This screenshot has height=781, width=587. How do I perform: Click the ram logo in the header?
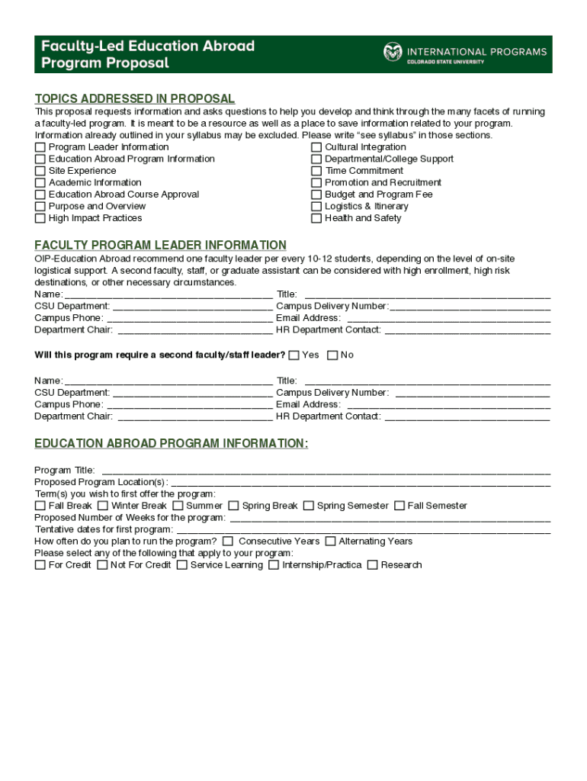coord(392,53)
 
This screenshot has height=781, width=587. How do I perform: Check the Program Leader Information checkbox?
coord(40,147)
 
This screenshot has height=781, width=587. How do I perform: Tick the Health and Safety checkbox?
coord(316,218)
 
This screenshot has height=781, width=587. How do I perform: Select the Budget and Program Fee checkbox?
coord(316,194)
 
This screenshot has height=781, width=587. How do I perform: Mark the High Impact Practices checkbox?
coord(40,218)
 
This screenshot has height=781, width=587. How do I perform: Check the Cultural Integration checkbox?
coord(316,147)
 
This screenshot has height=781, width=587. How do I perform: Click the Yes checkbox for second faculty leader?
coord(293,355)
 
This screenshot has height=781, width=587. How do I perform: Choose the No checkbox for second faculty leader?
coord(332,355)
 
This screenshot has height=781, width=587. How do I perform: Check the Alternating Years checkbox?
coord(330,542)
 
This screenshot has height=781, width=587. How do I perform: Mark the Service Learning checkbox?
coord(181,565)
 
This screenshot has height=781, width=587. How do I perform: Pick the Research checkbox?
coord(372,565)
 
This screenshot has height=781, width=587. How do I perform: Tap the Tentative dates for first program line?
coord(363,530)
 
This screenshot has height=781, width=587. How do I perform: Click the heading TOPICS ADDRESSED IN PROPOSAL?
coord(135,99)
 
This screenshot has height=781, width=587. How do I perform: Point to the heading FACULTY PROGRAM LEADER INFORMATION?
coord(160,246)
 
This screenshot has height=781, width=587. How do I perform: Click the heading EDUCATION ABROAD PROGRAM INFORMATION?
coord(172,444)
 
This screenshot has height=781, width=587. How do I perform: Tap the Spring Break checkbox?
coord(233,506)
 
